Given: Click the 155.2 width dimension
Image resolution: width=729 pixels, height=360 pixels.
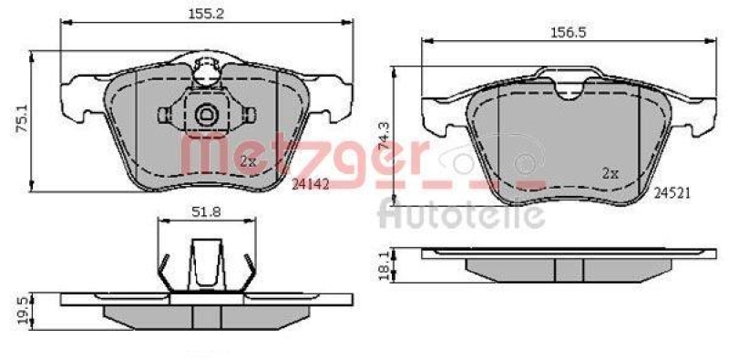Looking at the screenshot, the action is tap(206, 14).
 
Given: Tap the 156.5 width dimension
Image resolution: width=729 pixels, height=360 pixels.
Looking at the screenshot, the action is tap(568, 33).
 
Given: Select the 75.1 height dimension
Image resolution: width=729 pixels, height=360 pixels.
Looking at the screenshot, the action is tap(22, 119).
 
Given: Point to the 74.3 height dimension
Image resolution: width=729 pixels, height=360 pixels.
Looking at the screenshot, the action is tap(384, 136).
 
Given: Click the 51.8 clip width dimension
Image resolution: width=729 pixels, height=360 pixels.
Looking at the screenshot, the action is tap(207, 212).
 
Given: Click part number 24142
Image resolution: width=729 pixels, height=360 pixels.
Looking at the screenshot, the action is tap(310, 184).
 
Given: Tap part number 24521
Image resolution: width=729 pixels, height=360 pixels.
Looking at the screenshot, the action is tap(673, 193).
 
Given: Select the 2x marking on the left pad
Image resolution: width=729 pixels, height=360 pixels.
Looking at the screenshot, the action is tap(248, 162).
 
